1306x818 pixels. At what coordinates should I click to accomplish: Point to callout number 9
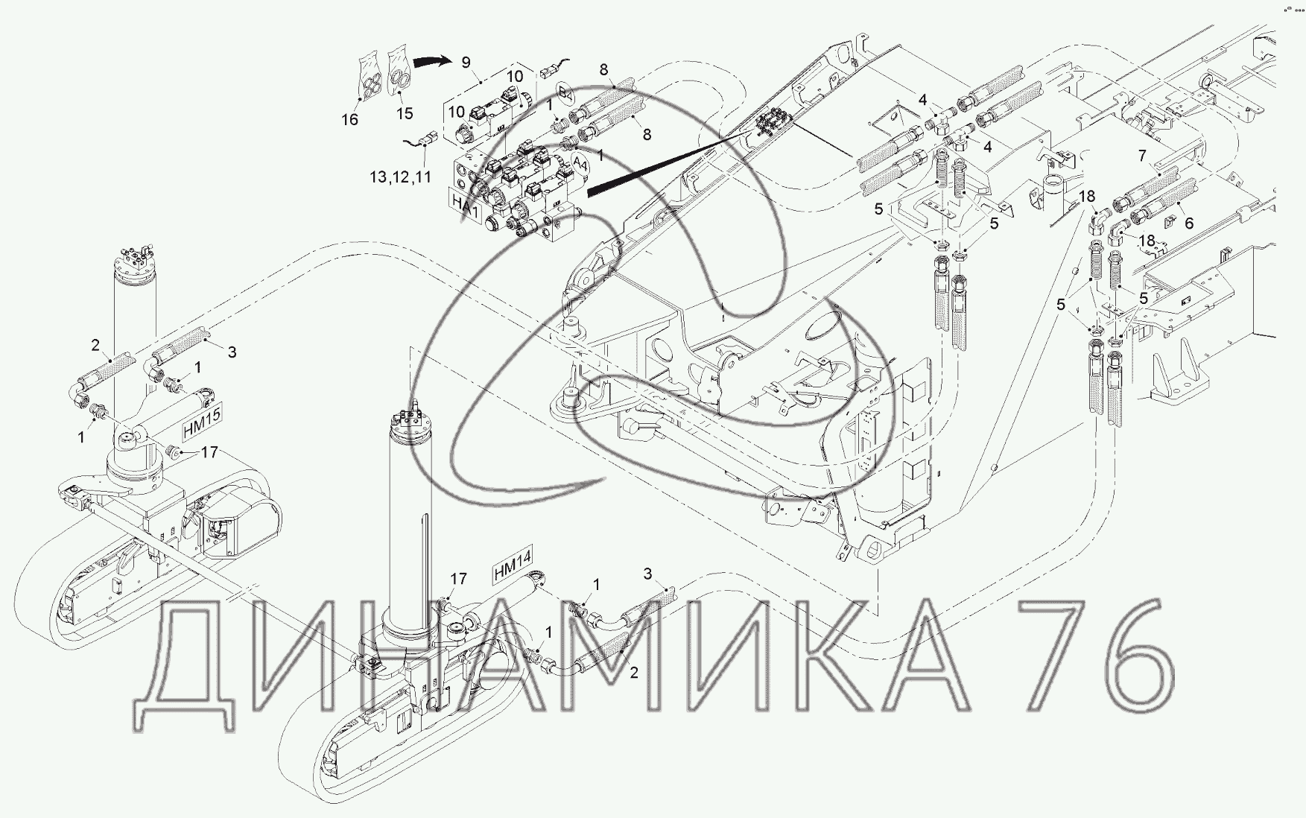click(x=466, y=62)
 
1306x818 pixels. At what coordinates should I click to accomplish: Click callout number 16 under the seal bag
click(x=349, y=119)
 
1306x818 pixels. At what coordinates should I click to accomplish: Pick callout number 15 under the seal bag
click(x=405, y=114)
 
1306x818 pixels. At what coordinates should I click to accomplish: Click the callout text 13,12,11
click(x=401, y=177)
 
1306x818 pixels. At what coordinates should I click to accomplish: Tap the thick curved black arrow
click(x=434, y=63)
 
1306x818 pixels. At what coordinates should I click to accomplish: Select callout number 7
click(x=1141, y=157)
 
